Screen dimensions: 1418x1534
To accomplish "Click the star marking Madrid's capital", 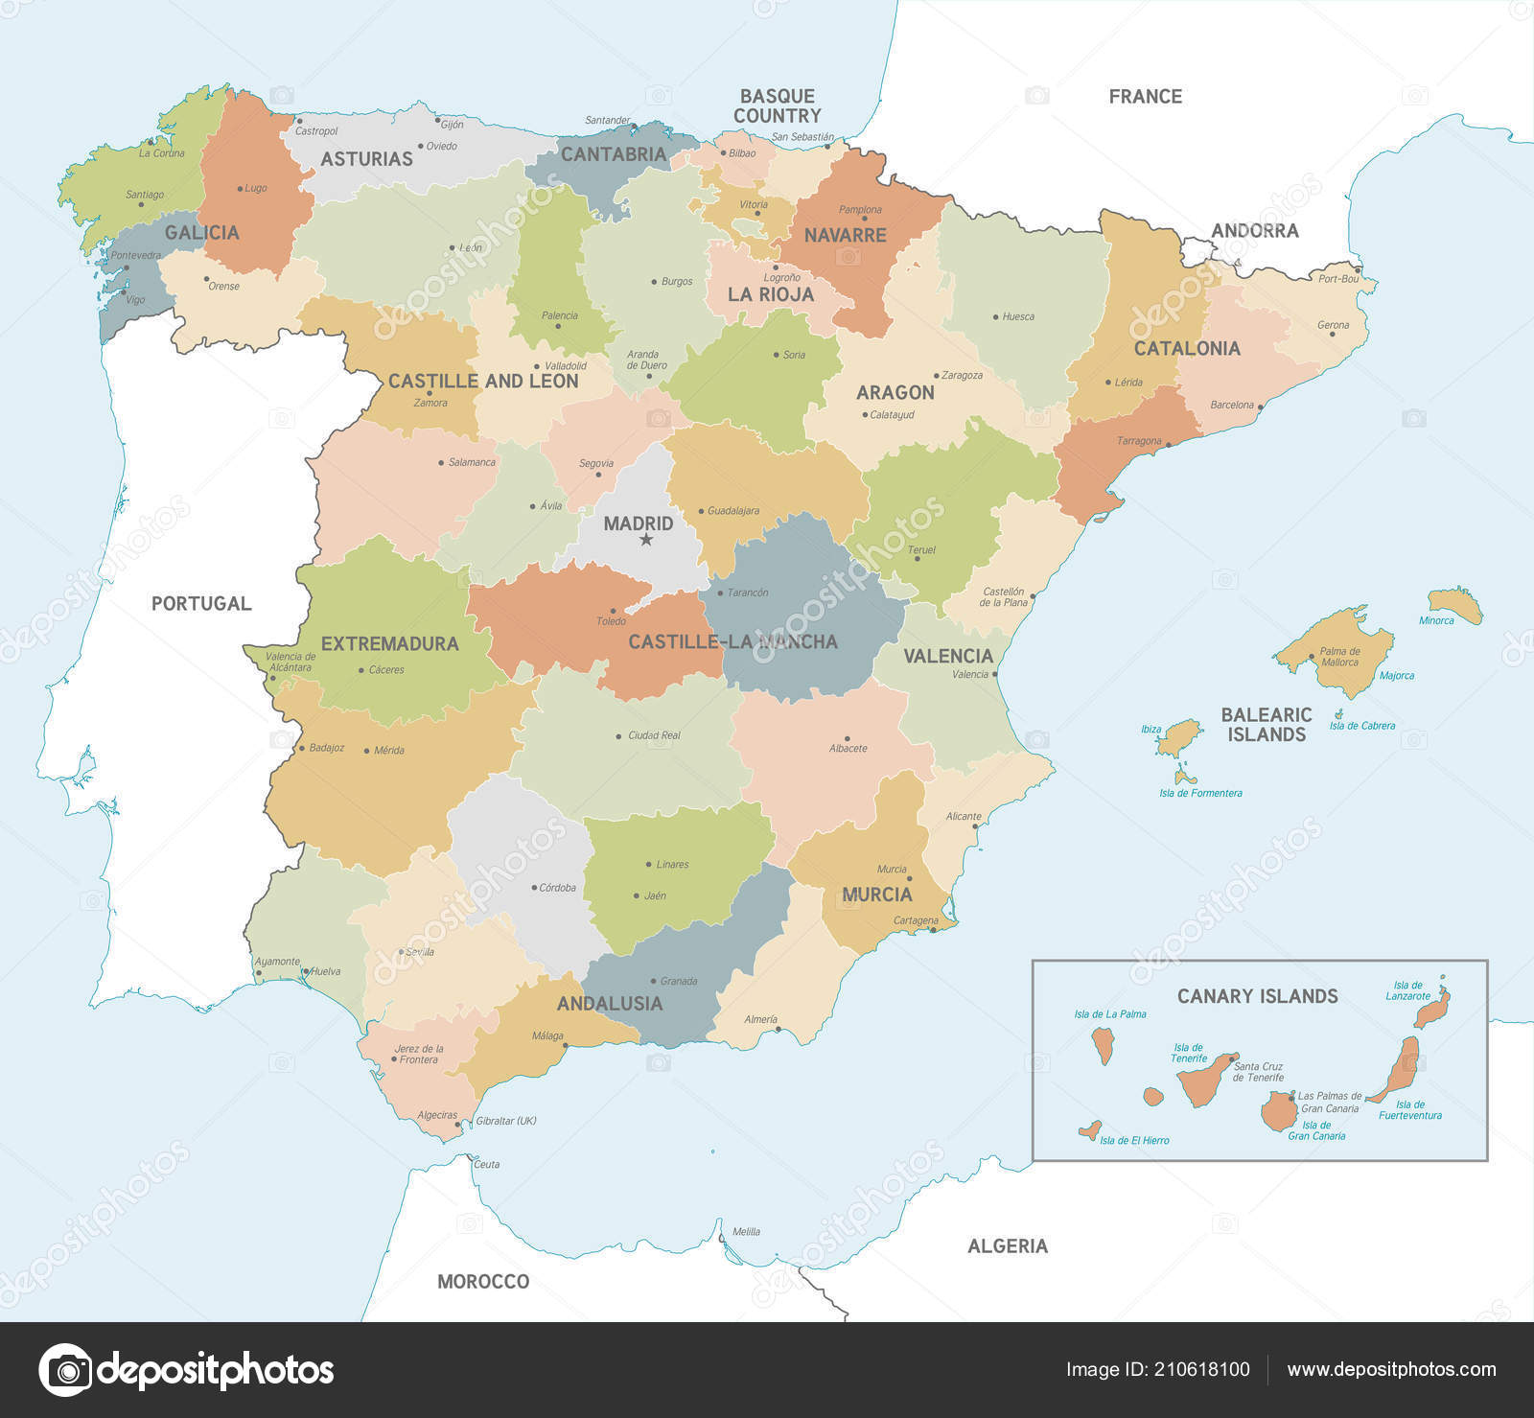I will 645,540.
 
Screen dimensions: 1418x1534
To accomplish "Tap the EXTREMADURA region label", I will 389,643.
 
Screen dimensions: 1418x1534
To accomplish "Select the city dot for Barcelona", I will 1260,407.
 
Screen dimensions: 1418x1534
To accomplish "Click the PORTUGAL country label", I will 201,603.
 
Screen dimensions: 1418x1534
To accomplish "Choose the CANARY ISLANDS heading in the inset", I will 1257,996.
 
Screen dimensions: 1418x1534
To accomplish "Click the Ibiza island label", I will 1150,730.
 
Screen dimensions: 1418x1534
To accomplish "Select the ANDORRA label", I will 1254,230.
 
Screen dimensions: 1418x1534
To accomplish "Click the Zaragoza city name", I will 962,376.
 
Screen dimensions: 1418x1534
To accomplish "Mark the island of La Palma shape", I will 1104,1045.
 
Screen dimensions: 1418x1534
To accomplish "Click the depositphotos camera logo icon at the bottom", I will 65,1369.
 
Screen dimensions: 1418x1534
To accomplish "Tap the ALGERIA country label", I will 1007,1245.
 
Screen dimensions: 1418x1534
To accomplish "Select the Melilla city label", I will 746,1232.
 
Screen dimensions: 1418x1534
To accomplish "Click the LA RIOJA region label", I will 770,294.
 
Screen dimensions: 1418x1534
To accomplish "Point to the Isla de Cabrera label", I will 1361,726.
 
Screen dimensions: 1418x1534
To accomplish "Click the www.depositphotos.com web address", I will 1390,1369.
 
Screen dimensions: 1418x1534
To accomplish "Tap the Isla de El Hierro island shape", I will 1089,1130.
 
